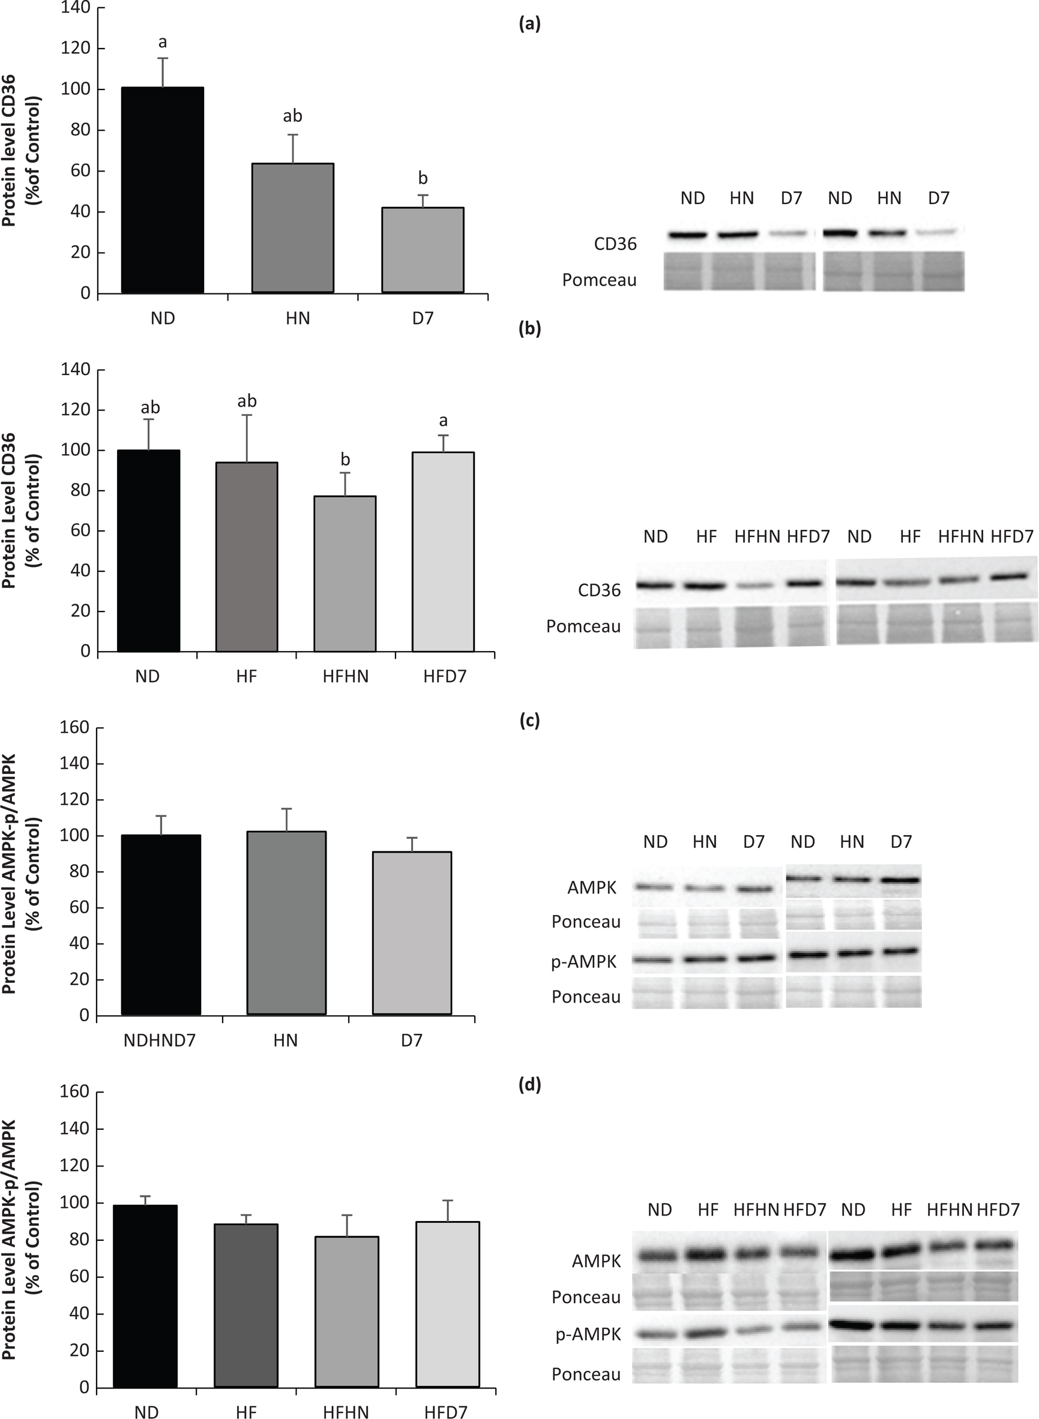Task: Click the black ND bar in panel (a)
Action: (162, 190)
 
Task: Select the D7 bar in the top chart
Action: (423, 250)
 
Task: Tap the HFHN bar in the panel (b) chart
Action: (345, 574)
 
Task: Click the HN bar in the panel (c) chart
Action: (286, 922)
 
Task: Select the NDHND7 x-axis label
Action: (159, 1040)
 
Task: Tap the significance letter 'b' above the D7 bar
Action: (423, 179)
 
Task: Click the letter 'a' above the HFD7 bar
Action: (444, 420)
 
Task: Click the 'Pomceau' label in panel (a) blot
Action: (599, 280)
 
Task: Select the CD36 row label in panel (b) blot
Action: (599, 590)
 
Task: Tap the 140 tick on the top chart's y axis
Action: (76, 8)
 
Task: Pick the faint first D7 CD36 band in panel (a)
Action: (791, 234)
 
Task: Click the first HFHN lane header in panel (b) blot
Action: (757, 537)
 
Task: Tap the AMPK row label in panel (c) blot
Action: (592, 888)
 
